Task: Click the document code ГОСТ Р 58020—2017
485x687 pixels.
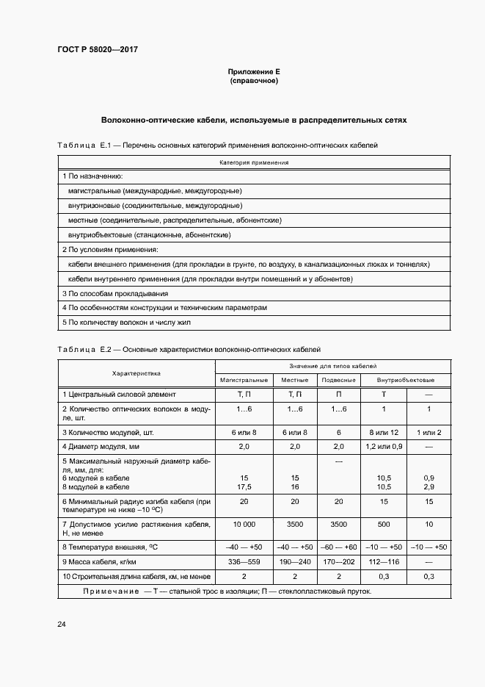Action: click(x=97, y=49)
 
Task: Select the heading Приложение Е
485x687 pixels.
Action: click(x=254, y=72)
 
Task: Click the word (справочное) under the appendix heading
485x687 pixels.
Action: click(x=254, y=81)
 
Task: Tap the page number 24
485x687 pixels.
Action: click(x=62, y=624)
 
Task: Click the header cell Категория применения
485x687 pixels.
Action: click(x=254, y=162)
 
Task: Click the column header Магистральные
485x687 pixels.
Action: click(x=244, y=380)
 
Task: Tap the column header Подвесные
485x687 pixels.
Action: click(x=339, y=380)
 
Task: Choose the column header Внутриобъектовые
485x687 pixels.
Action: click(x=405, y=380)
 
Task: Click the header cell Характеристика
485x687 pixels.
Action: click(x=136, y=373)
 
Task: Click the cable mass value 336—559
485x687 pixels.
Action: click(x=244, y=561)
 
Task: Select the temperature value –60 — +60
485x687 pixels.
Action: click(x=339, y=547)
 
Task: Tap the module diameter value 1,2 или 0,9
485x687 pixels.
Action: click(x=384, y=446)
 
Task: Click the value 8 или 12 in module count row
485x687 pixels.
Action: click(x=384, y=431)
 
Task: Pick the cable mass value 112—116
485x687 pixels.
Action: click(x=384, y=561)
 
